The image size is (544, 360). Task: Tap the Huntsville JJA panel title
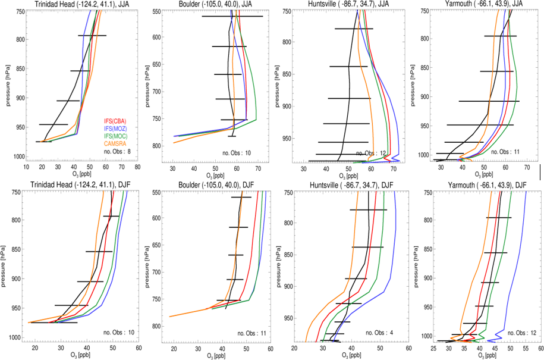coord(339,4)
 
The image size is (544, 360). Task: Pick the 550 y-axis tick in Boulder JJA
coord(157,11)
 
